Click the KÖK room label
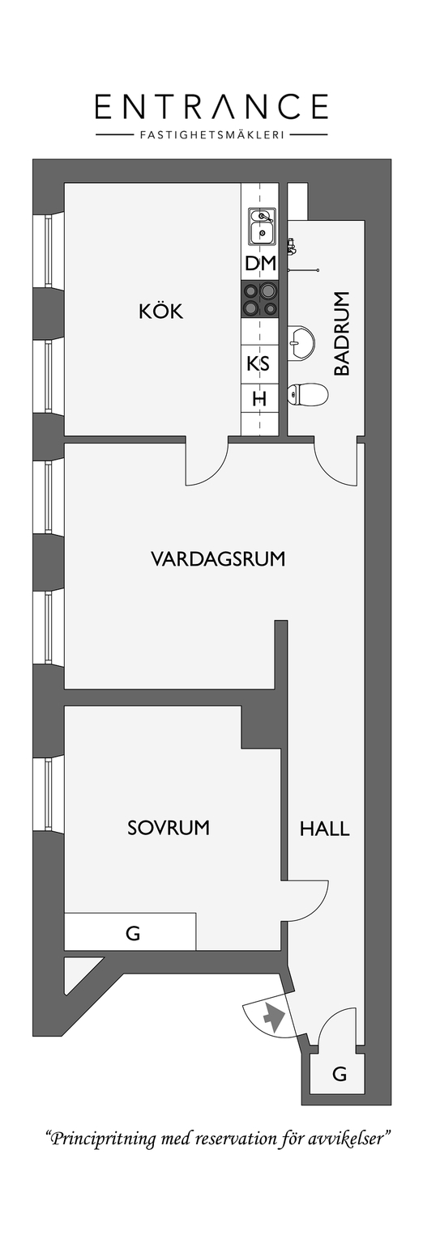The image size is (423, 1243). tap(160, 312)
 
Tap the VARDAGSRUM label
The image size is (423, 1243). tap(218, 558)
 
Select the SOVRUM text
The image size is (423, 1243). tap(169, 827)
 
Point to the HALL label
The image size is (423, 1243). tap(325, 829)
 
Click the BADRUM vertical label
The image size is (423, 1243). tap(342, 333)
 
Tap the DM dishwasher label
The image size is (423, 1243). tap(260, 263)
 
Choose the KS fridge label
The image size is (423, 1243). tap(258, 363)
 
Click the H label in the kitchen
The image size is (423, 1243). tap(259, 398)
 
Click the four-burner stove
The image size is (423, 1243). tap(260, 299)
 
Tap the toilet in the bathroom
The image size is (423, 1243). tap(307, 395)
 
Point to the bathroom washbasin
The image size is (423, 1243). tap(301, 340)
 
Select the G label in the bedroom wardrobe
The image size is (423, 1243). tap(133, 933)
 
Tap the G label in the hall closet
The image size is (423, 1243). tap(339, 1075)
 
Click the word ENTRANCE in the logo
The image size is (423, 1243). tap(211, 107)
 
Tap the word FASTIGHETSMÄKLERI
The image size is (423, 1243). tap(211, 134)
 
